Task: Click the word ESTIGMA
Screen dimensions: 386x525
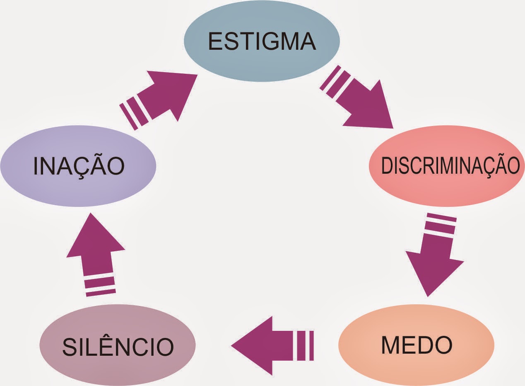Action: (262, 41)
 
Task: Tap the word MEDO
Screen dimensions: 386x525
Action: (417, 345)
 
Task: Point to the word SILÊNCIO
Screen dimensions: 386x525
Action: (118, 347)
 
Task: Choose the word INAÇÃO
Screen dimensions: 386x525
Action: (79, 165)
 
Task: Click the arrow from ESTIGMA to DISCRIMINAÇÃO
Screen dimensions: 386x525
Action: (360, 102)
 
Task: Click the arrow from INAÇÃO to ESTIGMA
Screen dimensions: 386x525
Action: (161, 97)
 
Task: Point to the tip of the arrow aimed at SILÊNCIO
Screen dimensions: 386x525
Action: (233, 345)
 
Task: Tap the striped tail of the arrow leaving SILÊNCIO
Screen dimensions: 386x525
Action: (100, 285)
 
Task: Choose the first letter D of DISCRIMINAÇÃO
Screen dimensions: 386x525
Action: (385, 165)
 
